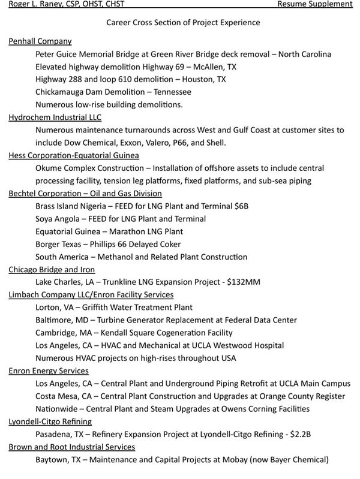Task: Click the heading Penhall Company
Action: (x=40, y=41)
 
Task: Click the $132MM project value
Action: (x=260, y=282)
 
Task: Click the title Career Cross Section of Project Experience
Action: (x=182, y=22)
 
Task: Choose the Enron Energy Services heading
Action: (x=49, y=370)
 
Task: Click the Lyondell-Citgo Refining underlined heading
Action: (x=50, y=421)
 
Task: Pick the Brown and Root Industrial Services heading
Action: (x=72, y=447)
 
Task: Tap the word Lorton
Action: (x=48, y=307)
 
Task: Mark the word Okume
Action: (x=49, y=168)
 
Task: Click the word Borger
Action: (x=49, y=244)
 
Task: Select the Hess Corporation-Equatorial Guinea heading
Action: (x=74, y=155)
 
